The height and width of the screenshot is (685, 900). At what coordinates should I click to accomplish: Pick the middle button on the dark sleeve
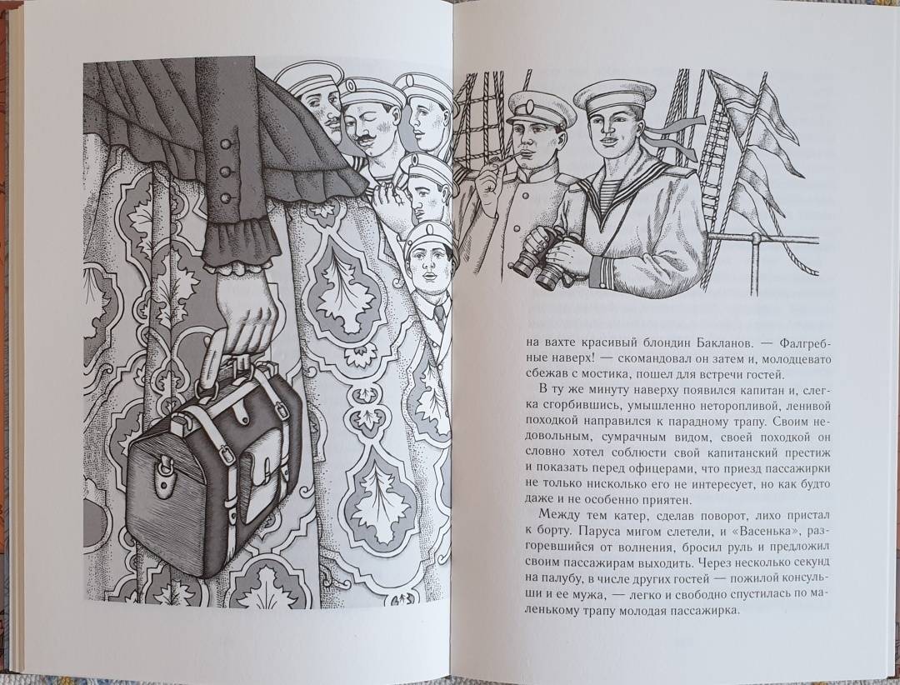(x=225, y=171)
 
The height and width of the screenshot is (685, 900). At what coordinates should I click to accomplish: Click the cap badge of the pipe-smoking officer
(x=528, y=106)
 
